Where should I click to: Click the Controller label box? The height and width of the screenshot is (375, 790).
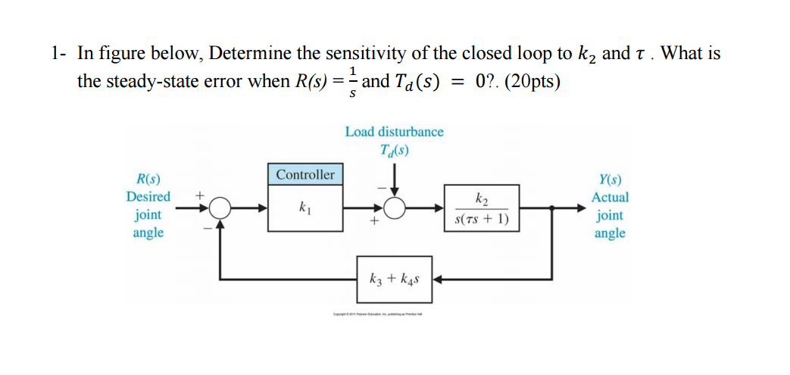(305, 174)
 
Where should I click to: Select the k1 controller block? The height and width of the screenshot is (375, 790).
(305, 207)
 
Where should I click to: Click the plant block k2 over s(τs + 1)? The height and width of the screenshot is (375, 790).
(482, 208)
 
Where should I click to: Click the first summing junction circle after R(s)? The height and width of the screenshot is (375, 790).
(220, 207)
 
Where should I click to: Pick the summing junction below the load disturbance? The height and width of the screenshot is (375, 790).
(395, 207)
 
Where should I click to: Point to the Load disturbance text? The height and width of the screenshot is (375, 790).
(394, 132)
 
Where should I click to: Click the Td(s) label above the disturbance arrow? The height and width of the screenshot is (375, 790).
(395, 150)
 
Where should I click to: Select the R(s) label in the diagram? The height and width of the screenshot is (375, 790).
(148, 180)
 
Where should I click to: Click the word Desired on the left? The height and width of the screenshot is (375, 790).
(148, 197)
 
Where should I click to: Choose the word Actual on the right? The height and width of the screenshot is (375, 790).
(610, 197)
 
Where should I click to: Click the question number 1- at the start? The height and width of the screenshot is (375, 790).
(60, 54)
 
